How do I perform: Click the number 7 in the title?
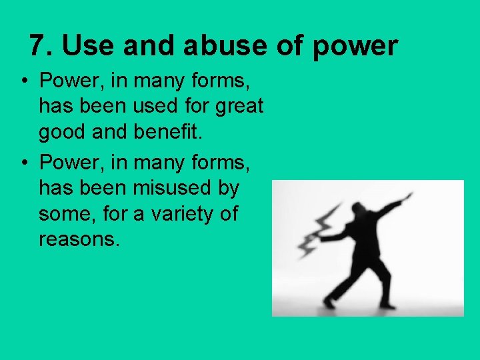[38, 46]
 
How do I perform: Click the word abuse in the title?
[215, 46]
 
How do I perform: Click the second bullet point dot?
[23, 163]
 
